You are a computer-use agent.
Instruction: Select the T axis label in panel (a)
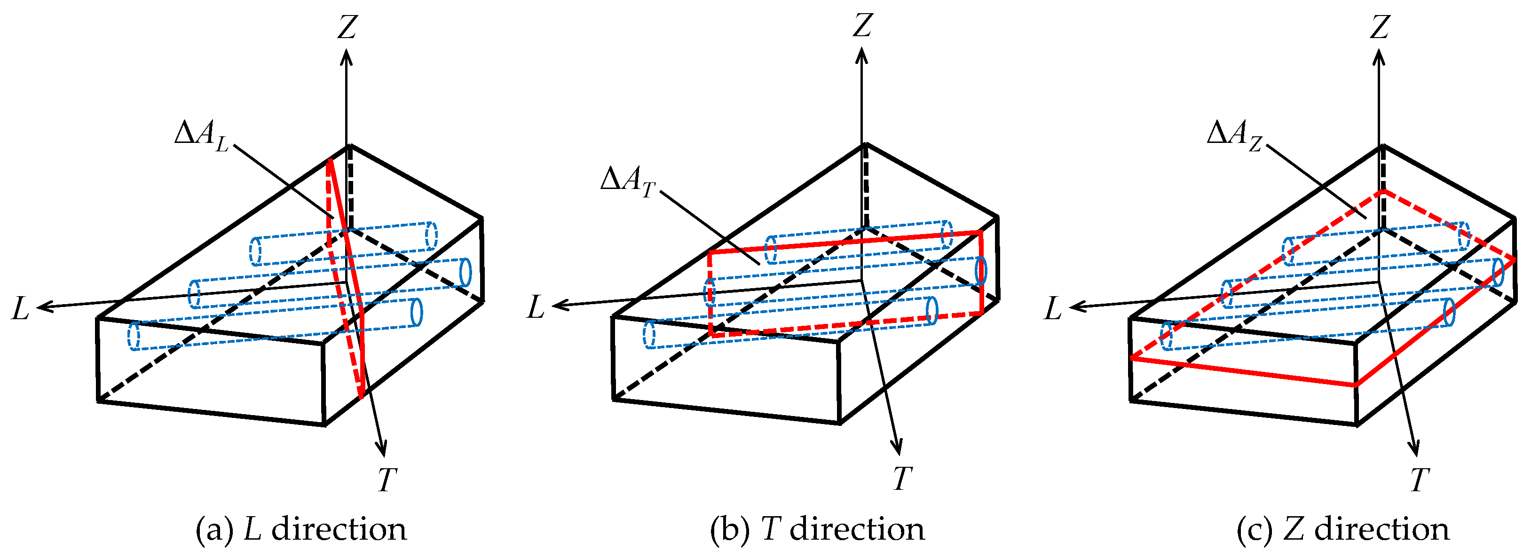[x=387, y=479]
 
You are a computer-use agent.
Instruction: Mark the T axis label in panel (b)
[x=902, y=479]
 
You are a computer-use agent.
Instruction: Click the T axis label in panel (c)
[x=1419, y=479]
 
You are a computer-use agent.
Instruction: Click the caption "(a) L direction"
[x=301, y=529]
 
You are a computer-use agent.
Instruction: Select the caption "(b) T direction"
[x=817, y=529]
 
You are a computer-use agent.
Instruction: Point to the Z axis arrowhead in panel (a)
[x=347, y=56]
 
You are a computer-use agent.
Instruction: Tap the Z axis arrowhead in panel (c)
[x=1380, y=56]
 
